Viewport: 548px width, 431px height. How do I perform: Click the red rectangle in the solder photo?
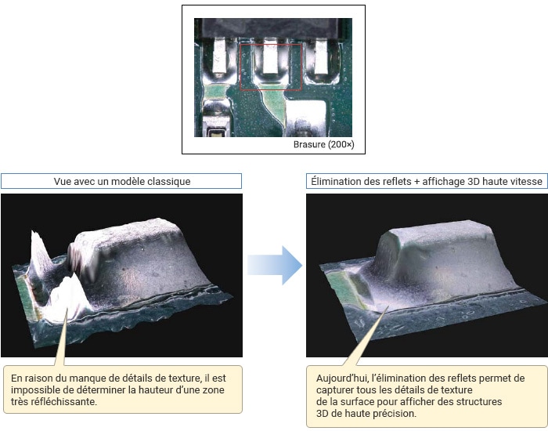click(240, 67)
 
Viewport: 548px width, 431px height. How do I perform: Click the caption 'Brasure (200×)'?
click(323, 144)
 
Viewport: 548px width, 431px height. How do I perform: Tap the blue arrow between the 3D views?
click(275, 265)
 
